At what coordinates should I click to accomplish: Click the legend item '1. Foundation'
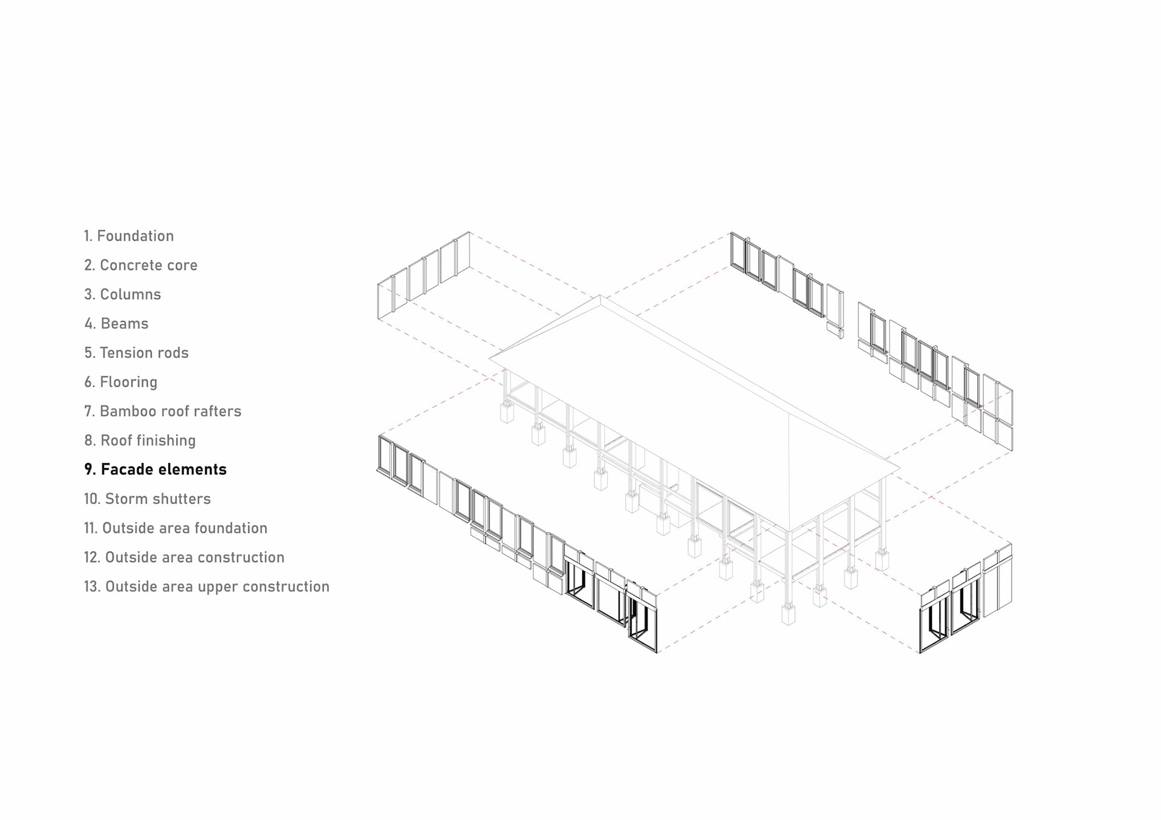point(129,236)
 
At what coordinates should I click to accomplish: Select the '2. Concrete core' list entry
point(141,265)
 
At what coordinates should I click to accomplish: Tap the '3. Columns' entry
point(123,294)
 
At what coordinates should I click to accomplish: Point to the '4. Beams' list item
point(117,324)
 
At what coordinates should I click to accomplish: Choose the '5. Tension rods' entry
point(137,353)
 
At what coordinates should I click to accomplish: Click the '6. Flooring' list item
point(121,382)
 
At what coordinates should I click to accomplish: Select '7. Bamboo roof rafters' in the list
point(163,412)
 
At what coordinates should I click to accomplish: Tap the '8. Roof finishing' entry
point(140,441)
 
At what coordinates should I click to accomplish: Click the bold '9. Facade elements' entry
point(155,470)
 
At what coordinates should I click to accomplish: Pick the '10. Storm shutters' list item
point(148,499)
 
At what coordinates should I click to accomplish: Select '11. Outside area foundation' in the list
point(175,528)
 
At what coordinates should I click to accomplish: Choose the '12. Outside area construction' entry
point(184,557)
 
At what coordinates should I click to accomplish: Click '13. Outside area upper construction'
point(207,587)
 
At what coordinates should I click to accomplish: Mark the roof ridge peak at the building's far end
point(599,296)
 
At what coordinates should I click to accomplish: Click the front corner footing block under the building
point(789,615)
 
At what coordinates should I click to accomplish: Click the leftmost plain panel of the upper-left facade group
point(385,300)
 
